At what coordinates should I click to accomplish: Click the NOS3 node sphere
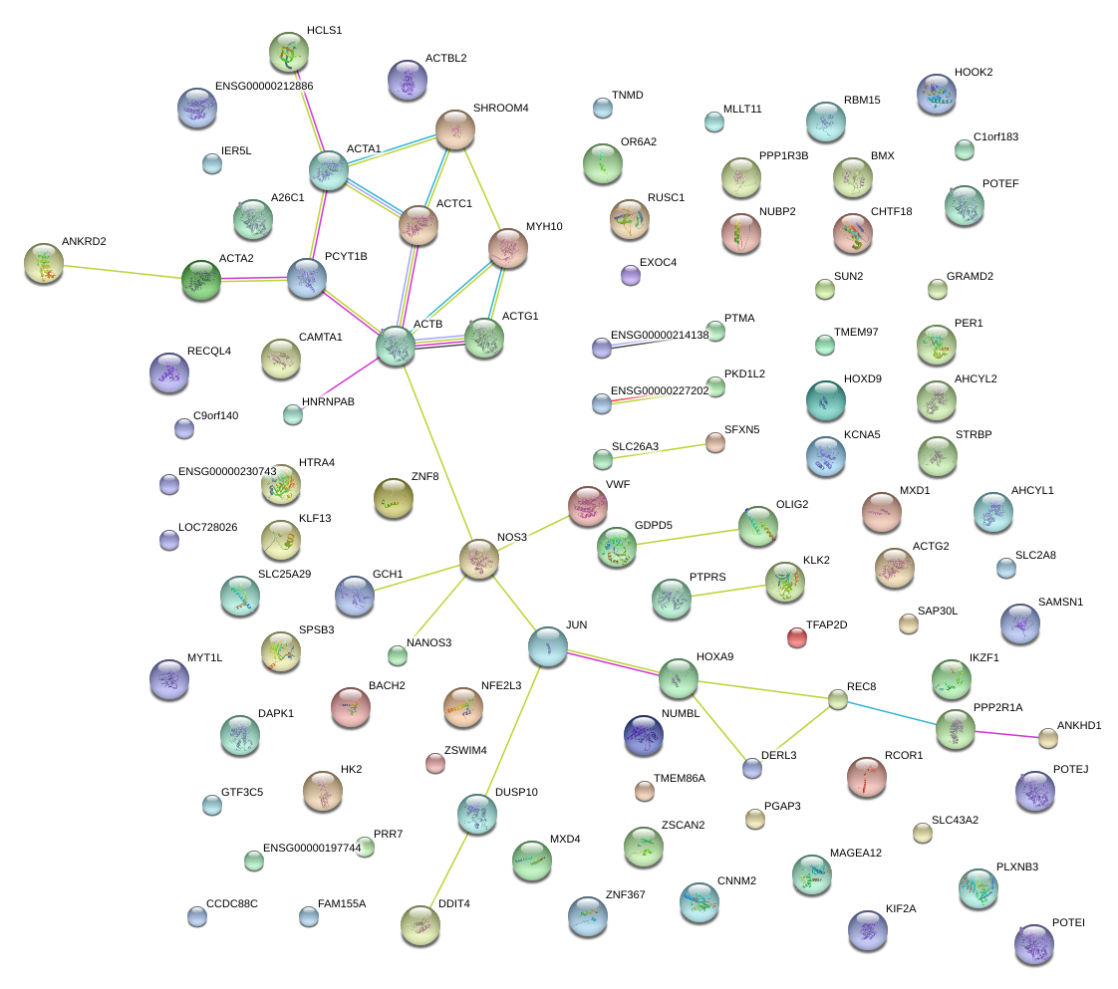tap(479, 560)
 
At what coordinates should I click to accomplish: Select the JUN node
tap(547, 646)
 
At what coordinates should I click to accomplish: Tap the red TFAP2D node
tap(796, 637)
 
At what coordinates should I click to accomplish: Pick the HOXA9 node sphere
tap(678, 678)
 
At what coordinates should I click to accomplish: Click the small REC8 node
tap(838, 700)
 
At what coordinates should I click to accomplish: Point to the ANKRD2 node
tap(44, 262)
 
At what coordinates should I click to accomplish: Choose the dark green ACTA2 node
tap(200, 280)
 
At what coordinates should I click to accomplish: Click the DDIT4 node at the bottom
tap(419, 925)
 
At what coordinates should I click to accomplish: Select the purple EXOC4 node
tap(630, 275)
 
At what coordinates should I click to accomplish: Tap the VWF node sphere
tap(587, 506)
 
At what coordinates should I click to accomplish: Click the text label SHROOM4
tap(500, 108)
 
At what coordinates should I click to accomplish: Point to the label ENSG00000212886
tap(264, 87)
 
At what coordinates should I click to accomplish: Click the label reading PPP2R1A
tap(997, 707)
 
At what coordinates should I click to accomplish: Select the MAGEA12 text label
tap(855, 854)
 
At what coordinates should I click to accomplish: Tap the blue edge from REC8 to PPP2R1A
tap(887, 713)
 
